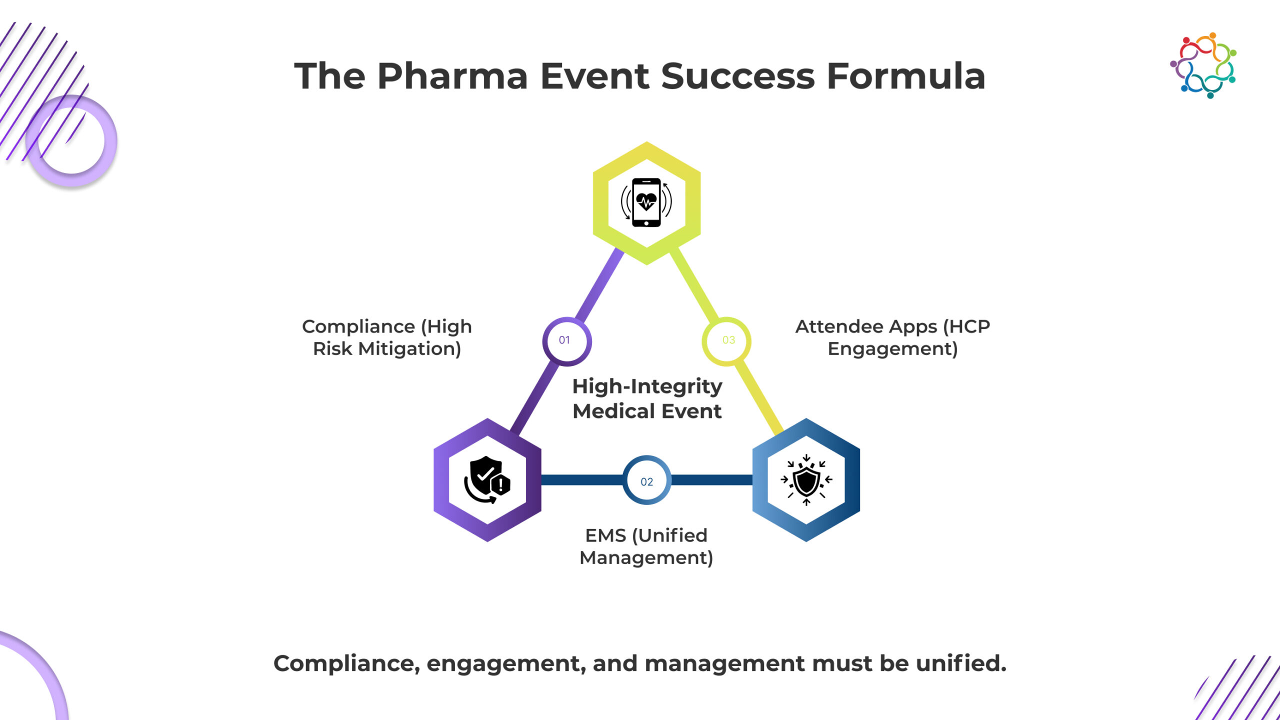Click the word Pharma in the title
tap(452, 76)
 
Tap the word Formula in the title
tap(905, 76)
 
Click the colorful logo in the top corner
tap(1203, 65)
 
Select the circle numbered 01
tap(566, 341)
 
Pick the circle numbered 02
tap(646, 480)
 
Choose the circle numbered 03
tap(726, 341)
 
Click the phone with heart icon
tap(646, 202)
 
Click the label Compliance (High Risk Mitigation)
tap(386, 337)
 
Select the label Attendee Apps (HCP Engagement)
tap(892, 337)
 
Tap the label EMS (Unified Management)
tap(646, 546)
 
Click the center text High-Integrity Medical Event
tap(647, 398)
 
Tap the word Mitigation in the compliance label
tap(409, 349)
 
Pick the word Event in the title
tap(594, 76)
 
